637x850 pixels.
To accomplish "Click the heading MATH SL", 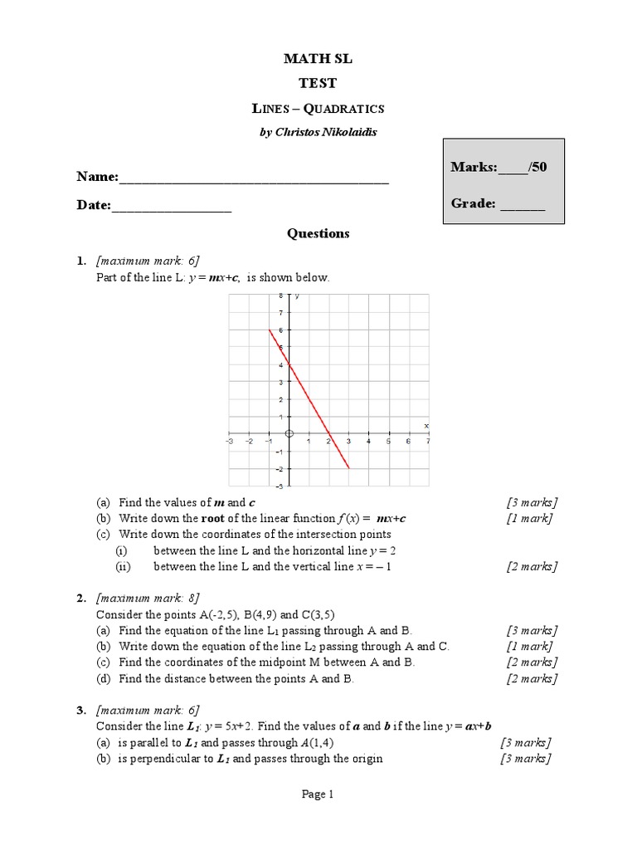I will [318, 58].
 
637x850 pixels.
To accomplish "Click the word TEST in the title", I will [318, 83].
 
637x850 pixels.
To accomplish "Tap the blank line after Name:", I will [254, 178].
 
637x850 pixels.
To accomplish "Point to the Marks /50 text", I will [498, 167].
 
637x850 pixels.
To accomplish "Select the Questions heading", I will [318, 234].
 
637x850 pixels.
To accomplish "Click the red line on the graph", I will [309, 398].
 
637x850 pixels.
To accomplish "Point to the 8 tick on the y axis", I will [281, 296].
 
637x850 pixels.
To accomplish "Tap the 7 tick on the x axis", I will [427, 442].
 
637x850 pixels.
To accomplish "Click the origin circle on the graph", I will [289, 433].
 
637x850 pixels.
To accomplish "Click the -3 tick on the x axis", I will [229, 442].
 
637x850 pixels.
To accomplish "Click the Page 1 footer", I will [318, 794].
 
